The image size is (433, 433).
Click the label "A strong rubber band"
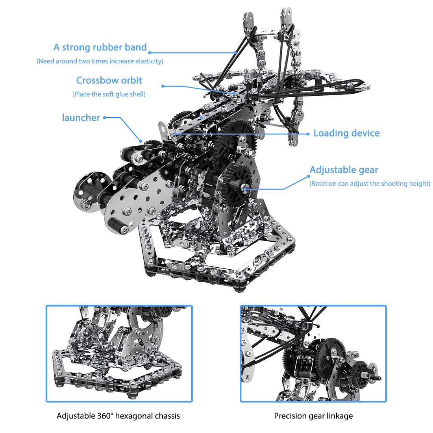tap(100, 48)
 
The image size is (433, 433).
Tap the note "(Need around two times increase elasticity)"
tap(100, 61)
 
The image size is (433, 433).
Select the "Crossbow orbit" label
tap(109, 80)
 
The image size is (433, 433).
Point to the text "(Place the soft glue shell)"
tap(109, 94)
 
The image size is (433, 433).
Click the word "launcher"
tap(81, 118)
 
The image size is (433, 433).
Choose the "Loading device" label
tap(346, 133)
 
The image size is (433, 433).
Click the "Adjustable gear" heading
tap(344, 170)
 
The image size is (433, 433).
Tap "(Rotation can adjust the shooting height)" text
tap(370, 183)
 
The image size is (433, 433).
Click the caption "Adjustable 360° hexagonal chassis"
tap(118, 416)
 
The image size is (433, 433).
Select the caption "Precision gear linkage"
tap(313, 416)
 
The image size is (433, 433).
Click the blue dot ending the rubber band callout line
tap(150, 52)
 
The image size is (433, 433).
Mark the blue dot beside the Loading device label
tap(308, 134)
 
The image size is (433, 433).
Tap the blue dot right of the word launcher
tap(105, 117)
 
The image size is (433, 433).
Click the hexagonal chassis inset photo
tap(119, 353)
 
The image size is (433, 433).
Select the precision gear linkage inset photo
tap(313, 353)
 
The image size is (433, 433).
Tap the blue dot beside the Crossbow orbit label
tap(163, 86)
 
